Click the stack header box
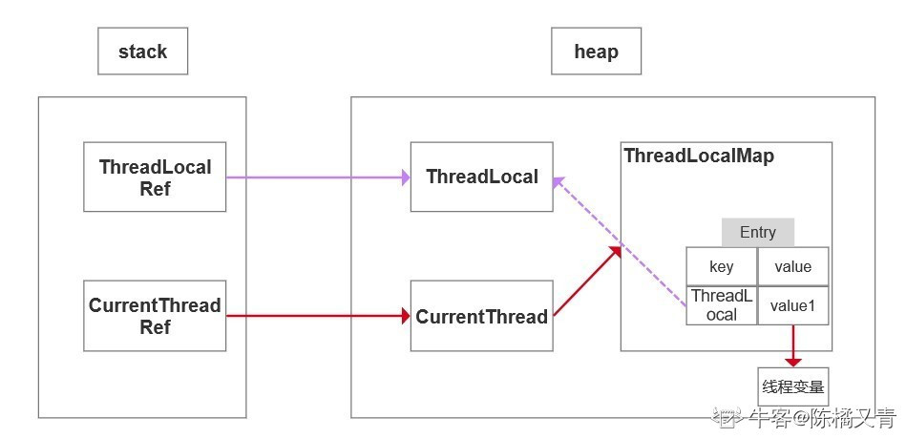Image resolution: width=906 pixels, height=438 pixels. pos(142,52)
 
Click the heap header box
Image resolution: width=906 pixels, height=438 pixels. pos(597,52)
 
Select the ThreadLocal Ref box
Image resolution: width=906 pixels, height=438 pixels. pos(155,177)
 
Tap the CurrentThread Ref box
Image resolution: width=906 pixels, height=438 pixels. pos(155,316)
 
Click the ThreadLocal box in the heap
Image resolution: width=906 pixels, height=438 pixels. pos(482,177)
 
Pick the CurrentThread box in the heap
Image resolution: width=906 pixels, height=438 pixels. pos(482,316)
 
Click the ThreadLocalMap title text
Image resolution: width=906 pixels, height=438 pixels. pos(699,156)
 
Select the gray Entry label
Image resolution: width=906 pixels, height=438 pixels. pos(757,232)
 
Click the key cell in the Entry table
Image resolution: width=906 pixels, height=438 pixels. pos(721,266)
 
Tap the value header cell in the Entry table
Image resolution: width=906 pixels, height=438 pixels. pos(792,266)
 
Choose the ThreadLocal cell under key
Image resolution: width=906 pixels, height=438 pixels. pos(721,305)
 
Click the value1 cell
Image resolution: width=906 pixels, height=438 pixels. pos(792,305)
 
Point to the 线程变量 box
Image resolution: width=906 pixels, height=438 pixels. pos(792,386)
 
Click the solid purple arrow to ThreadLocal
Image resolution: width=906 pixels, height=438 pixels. pos(318,177)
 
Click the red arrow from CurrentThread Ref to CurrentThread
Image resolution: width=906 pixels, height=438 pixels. pos(318,316)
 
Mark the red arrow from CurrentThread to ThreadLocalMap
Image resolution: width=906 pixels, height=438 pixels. pos(587,281)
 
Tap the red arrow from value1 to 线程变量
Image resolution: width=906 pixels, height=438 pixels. pos(793,345)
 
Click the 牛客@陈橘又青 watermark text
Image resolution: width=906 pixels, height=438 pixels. pos(822,417)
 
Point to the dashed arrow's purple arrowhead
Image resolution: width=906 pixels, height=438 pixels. pos(558,183)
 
